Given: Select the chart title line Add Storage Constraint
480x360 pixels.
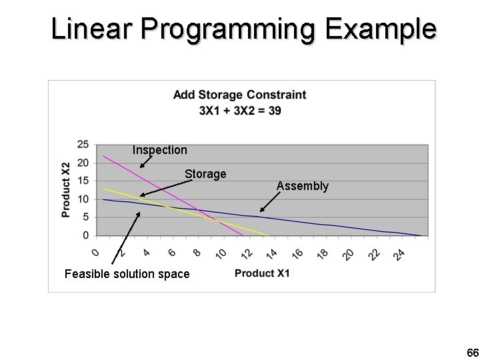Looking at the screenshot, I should tap(239, 95).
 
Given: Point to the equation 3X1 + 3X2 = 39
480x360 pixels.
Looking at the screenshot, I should tap(239, 110).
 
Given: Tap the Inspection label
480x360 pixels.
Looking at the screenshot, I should tap(159, 150).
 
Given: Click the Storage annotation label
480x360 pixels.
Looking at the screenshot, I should tap(205, 174).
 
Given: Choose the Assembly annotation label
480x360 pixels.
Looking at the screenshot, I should tap(302, 186).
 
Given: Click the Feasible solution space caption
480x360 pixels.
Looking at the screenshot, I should tap(127, 274).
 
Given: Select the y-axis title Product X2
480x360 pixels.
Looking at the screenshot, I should tap(66, 191).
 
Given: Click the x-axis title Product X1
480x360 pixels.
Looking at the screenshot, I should tap(262, 273).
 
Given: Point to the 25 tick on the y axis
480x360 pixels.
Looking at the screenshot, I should tap(83, 144).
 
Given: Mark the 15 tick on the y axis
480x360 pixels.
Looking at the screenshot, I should tap(83, 181).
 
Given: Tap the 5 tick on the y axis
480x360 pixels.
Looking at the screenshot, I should tap(86, 217).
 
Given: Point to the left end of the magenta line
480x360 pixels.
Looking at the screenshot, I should tap(104, 156).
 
